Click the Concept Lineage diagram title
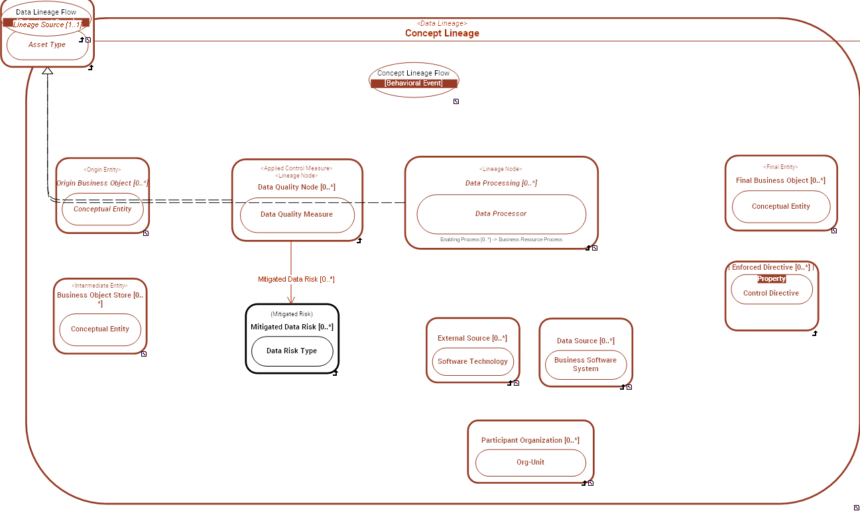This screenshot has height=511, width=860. [x=442, y=33]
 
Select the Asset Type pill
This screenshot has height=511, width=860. [x=47, y=45]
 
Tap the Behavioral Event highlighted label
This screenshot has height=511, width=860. [x=414, y=84]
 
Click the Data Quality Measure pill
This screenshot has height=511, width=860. [x=297, y=215]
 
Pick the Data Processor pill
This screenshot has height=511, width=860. [x=501, y=214]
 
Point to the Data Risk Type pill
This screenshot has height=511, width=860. [x=292, y=351]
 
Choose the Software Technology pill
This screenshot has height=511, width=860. [x=473, y=362]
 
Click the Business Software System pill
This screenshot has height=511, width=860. [x=585, y=365]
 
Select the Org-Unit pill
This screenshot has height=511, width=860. [x=530, y=463]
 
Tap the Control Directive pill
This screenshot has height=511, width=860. [x=771, y=294]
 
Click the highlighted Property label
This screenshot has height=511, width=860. [x=772, y=279]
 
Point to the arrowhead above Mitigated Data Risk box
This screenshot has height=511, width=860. [x=291, y=299]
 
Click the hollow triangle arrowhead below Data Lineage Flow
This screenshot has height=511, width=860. [x=47, y=70]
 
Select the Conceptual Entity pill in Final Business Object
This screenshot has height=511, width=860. [x=781, y=207]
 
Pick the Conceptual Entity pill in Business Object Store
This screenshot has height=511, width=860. [x=100, y=329]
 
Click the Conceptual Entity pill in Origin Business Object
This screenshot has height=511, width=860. [x=103, y=209]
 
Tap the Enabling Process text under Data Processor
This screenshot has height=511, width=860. [x=501, y=239]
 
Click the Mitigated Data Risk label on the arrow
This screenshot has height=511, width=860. [x=296, y=280]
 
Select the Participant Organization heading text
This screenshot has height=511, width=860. [x=530, y=441]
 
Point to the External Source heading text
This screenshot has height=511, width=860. [x=472, y=339]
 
